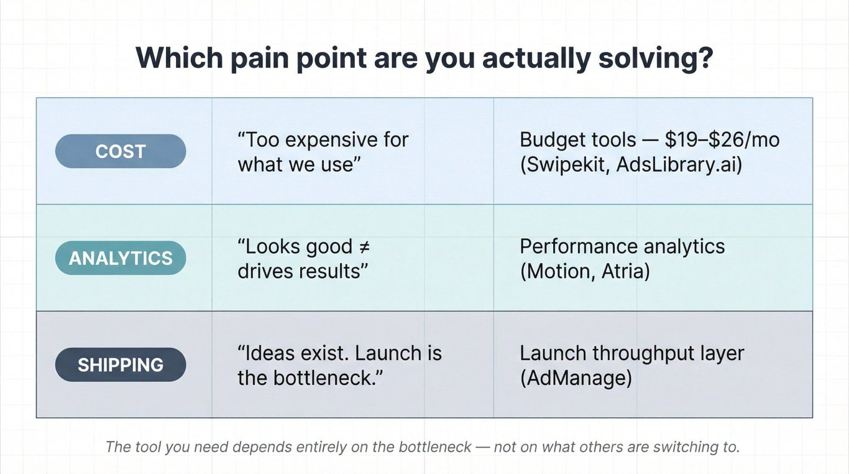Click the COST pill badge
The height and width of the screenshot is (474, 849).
(121, 151)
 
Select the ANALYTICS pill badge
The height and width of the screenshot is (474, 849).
(121, 258)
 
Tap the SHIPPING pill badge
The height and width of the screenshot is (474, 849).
(121, 365)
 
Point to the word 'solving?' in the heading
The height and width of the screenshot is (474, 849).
(656, 58)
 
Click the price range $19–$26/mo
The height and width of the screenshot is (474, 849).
(722, 140)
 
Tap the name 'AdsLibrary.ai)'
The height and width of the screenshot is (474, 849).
(679, 165)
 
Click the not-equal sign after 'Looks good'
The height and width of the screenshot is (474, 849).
(363, 247)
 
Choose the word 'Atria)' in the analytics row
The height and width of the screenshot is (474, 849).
(626, 271)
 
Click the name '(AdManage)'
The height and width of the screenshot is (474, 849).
(576, 378)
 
